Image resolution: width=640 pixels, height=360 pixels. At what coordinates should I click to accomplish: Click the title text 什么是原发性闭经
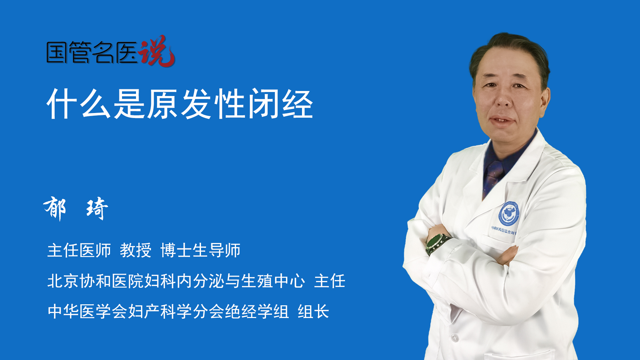(180, 104)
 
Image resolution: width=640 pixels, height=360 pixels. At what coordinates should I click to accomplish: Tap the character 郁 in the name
(55, 208)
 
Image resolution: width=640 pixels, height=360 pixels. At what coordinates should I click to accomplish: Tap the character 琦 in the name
(97, 208)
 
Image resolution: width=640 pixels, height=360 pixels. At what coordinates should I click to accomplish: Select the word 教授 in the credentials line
(136, 250)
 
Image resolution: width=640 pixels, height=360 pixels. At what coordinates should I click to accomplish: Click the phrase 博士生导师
(200, 250)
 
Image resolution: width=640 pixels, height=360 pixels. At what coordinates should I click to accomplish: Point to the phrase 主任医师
(79, 250)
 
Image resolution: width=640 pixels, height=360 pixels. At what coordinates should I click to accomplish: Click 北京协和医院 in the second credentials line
(95, 281)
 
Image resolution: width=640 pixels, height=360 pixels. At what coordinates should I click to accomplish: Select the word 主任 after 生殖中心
(330, 281)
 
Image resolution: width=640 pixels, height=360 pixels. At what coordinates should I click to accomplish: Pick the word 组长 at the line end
(313, 312)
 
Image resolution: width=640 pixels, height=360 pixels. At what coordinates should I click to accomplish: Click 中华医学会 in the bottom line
(87, 312)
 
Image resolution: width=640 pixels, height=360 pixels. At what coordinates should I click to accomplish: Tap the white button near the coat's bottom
(455, 337)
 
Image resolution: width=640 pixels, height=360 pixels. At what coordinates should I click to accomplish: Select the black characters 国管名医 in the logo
(92, 52)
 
